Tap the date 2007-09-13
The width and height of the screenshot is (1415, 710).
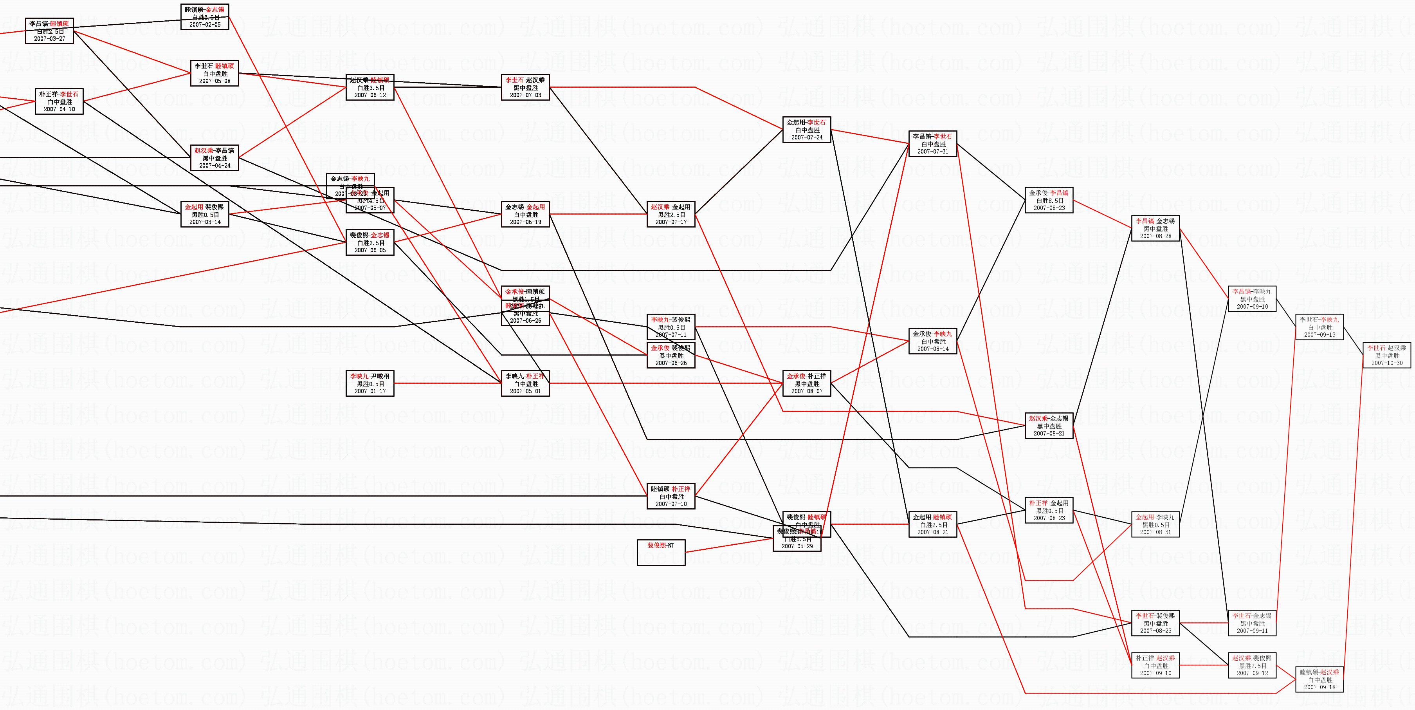1319,335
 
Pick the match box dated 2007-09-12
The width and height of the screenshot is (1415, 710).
1252,665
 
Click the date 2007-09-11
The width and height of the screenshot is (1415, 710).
1252,631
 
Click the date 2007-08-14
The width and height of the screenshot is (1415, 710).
933,349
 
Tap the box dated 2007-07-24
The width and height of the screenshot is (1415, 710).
806,130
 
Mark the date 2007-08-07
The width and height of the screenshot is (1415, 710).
806,391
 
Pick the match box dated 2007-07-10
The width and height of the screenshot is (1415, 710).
671,496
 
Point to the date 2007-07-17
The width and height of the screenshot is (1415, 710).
671,222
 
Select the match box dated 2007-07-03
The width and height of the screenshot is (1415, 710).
525,87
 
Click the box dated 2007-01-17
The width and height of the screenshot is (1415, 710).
370,383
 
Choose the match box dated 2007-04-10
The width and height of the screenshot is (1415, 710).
59,102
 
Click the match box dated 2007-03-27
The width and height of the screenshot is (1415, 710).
49,31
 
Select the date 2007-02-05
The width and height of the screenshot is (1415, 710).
205,25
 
